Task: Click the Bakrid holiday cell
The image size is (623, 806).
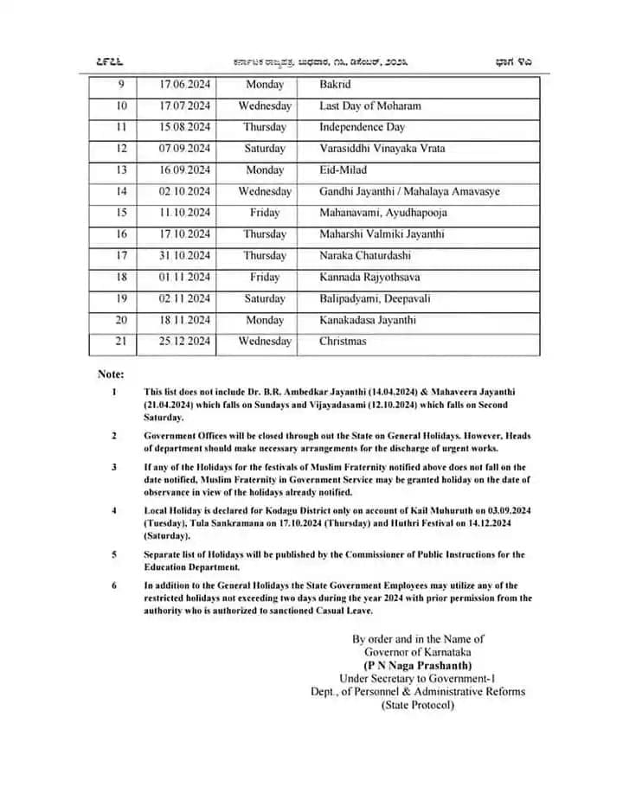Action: pyautogui.click(x=336, y=85)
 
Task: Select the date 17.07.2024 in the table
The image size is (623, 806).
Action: pyautogui.click(x=184, y=106)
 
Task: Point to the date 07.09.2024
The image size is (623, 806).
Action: pyautogui.click(x=184, y=149)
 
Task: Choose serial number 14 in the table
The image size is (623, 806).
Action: pyautogui.click(x=121, y=191)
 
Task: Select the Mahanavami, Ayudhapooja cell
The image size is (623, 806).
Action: pyautogui.click(x=382, y=213)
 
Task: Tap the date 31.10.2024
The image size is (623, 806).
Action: pyautogui.click(x=184, y=256)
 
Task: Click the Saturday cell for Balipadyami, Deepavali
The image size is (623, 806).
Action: pyautogui.click(x=265, y=298)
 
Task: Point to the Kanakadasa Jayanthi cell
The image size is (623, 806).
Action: pyautogui.click(x=367, y=320)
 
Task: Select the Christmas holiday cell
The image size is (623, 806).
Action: pyautogui.click(x=343, y=341)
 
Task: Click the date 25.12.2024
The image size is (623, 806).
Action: pyautogui.click(x=184, y=341)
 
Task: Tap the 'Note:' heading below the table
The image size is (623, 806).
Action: pyautogui.click(x=111, y=374)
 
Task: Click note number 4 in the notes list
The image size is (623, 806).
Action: pyautogui.click(x=114, y=510)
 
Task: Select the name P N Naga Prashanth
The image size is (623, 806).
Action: pyautogui.click(x=418, y=665)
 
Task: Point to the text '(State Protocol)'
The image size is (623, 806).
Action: pyautogui.click(x=418, y=705)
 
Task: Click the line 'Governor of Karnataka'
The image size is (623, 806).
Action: pyautogui.click(x=418, y=652)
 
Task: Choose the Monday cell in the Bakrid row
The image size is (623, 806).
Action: pyautogui.click(x=265, y=85)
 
